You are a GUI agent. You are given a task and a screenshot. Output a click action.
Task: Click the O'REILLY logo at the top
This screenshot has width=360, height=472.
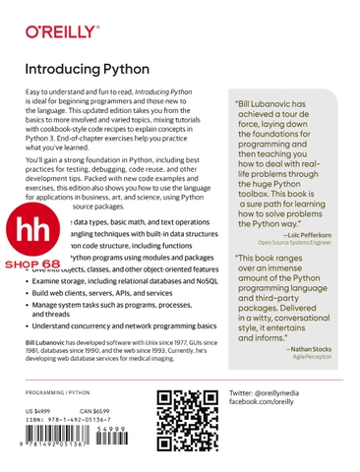pos(62,32)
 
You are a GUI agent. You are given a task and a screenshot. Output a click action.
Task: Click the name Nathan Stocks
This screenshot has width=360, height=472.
pos(312,347)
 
